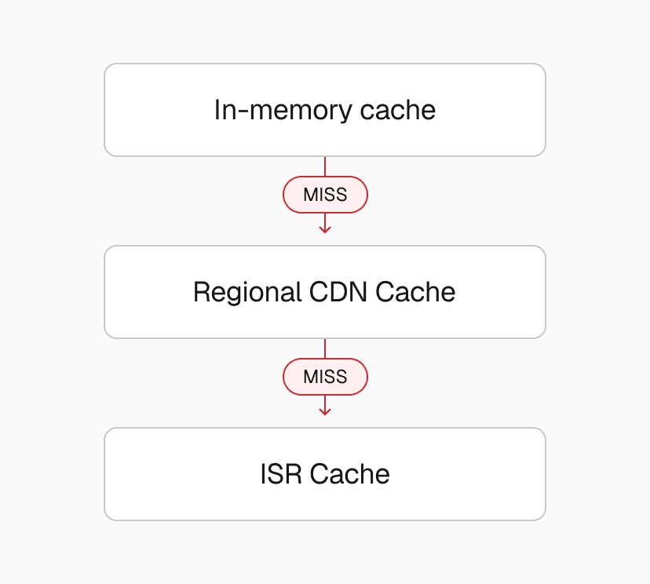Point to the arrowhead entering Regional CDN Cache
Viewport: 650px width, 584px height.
(325, 229)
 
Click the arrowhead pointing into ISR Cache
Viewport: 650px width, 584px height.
(325, 411)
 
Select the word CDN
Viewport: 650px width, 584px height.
(338, 292)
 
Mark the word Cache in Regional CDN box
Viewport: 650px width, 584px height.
(415, 292)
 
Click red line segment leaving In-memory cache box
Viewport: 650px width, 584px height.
(325, 166)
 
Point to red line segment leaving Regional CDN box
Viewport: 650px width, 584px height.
(325, 348)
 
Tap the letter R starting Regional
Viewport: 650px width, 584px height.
(200, 292)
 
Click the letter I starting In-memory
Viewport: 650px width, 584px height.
(217, 110)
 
